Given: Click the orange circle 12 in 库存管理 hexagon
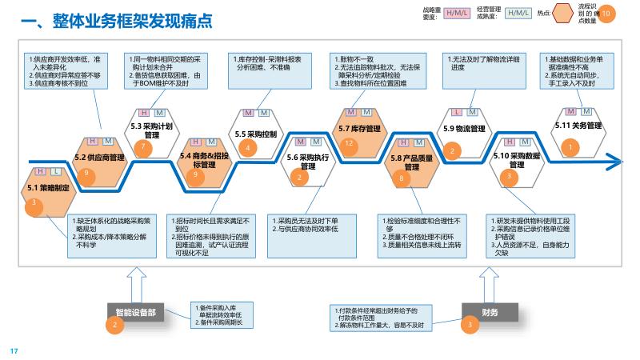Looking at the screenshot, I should click(348, 143).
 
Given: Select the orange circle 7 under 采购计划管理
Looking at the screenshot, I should click(143, 146).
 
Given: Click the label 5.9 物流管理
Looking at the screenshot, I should click(464, 128).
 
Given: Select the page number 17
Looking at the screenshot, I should click(13, 350).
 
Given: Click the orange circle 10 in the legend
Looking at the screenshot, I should click(607, 14).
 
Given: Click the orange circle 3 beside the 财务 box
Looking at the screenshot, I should click(470, 324).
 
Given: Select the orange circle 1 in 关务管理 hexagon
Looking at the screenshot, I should click(570, 146).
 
